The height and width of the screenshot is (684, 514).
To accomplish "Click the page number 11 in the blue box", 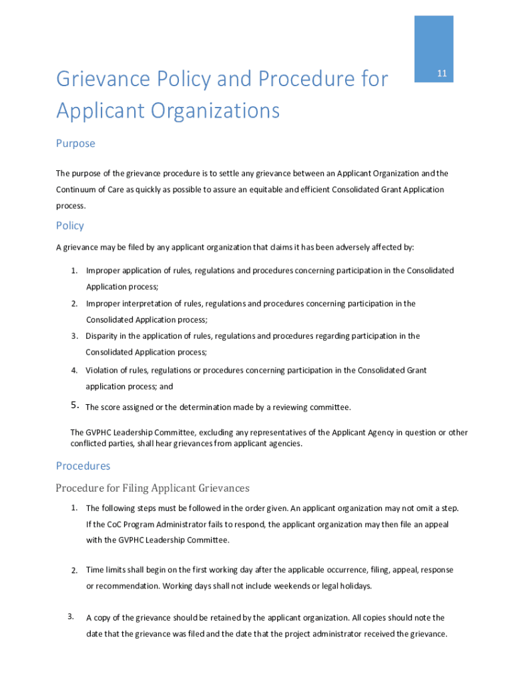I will (x=441, y=73).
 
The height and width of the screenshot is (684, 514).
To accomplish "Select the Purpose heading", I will (x=75, y=144).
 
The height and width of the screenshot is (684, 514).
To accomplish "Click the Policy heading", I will (x=70, y=226).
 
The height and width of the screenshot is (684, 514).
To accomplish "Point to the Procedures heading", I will (x=83, y=466).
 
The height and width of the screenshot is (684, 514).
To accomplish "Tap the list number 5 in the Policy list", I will (x=74, y=405).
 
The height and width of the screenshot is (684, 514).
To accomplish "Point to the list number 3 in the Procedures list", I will (x=70, y=616).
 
